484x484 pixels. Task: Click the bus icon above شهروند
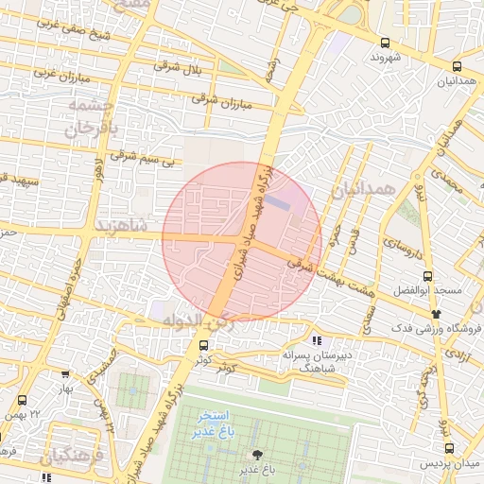point(384,43)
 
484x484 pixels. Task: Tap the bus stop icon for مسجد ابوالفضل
point(428,276)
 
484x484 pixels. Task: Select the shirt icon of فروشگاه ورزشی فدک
point(435,313)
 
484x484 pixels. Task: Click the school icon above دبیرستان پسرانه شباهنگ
point(318,339)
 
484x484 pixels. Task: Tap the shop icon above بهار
point(64,374)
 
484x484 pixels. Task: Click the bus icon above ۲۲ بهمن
point(23,401)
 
